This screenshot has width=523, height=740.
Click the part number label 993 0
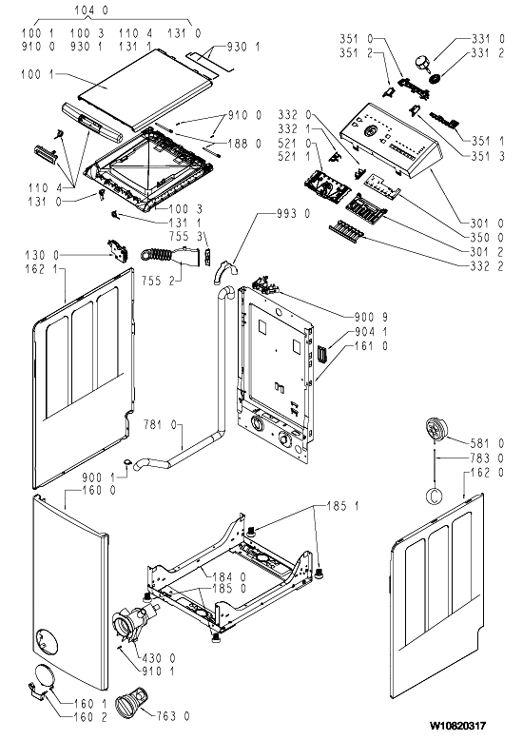point(294,214)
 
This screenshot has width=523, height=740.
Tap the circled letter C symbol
point(435,496)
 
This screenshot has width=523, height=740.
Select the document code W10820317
point(457,726)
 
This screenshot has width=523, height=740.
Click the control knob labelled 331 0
point(422,64)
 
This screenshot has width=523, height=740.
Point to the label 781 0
point(160,425)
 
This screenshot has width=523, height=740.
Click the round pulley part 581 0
point(436,430)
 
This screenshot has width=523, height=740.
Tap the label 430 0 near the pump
point(158,657)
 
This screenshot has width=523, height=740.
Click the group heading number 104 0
point(91,10)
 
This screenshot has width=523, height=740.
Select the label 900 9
point(371,317)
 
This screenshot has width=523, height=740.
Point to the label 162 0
point(487,472)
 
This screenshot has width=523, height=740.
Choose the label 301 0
point(487,224)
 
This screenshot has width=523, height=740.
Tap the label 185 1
point(342,506)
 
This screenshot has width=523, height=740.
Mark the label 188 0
point(244,144)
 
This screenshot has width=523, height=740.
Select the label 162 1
point(42,269)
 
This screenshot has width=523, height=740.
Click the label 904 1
point(371,332)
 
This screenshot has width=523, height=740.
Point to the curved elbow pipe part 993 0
point(224,272)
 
